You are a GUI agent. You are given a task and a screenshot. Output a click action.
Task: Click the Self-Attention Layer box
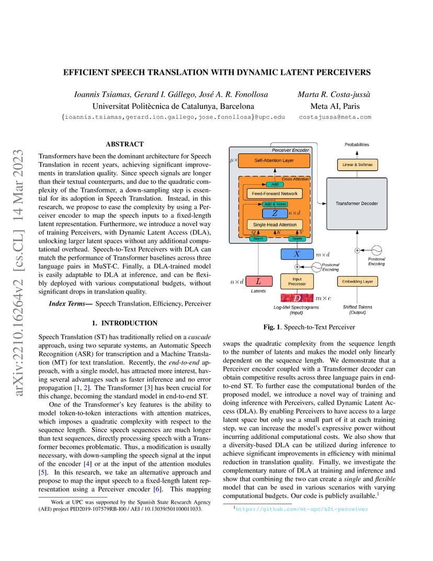tap(274, 161)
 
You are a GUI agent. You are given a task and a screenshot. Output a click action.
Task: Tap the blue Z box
tap(275, 213)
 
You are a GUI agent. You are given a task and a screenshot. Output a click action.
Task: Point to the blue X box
tap(297, 254)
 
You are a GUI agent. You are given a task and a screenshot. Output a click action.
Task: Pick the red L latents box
tap(258, 282)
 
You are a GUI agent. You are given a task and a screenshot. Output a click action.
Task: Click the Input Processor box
tap(297, 282)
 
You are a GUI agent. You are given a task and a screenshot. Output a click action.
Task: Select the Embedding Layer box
tap(358, 282)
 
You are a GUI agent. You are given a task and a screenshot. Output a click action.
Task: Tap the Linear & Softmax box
tap(357, 165)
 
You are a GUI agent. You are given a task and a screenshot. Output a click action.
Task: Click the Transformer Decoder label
tap(357, 204)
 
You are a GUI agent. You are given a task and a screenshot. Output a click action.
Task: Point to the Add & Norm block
tap(275, 204)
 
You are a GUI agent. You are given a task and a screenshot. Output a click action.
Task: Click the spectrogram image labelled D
tap(297, 298)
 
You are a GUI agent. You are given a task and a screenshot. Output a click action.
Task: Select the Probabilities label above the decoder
tap(357, 144)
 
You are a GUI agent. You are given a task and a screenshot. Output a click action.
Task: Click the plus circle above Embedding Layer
tap(357, 251)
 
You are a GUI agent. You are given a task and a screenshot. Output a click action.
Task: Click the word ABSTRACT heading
tap(124, 144)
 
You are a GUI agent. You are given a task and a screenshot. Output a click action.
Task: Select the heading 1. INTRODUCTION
tap(124, 323)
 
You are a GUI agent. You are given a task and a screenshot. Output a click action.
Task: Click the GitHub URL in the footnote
tap(302, 509)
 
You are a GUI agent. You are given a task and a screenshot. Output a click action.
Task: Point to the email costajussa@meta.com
tap(335, 117)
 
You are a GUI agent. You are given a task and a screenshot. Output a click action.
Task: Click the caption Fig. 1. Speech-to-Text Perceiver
tap(309, 327)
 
